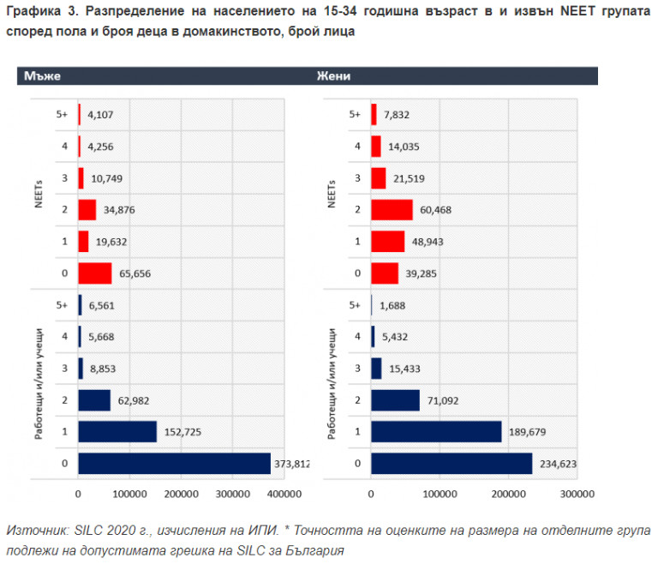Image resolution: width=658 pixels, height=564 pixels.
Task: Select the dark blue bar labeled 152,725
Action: [117, 431]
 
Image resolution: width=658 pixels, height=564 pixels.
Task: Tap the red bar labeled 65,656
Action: [94, 273]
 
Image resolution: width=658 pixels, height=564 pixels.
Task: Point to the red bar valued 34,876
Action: [87, 210]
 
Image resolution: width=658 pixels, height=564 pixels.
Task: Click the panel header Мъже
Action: [42, 75]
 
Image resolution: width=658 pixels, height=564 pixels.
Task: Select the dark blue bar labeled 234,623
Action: [452, 464]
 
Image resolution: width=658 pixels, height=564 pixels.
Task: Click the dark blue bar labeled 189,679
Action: [436, 431]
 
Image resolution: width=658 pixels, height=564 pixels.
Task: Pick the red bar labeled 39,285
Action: [385, 273]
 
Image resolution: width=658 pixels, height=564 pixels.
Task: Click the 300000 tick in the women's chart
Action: [576, 494]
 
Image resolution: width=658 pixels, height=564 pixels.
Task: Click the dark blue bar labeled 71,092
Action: [395, 400]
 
